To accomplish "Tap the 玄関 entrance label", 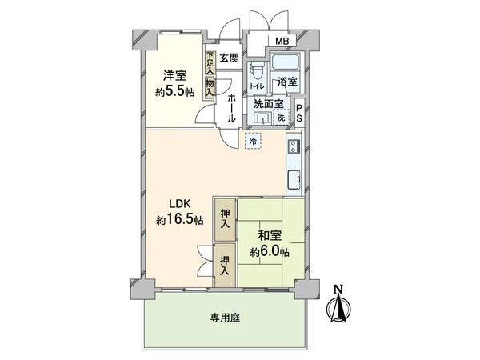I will click(x=230, y=58).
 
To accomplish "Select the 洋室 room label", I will click(x=175, y=75).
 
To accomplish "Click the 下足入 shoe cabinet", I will click(x=210, y=62).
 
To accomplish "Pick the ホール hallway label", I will click(x=230, y=107).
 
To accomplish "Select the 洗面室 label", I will click(x=269, y=104).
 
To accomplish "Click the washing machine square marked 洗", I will click(x=281, y=118).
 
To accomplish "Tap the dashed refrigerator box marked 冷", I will click(x=253, y=141).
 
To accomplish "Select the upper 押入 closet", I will click(x=225, y=218).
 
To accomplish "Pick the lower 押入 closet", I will click(x=225, y=265).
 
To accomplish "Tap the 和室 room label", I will click(x=268, y=236).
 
